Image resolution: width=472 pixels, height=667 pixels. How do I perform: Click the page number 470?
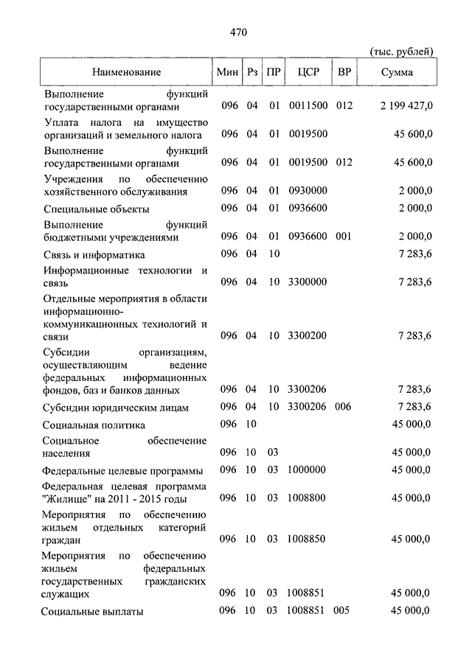coord(237,32)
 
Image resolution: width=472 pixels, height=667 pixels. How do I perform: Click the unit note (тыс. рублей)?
coord(400,51)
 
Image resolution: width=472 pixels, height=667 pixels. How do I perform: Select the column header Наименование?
coord(126,72)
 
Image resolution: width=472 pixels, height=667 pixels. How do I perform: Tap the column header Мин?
coord(227,72)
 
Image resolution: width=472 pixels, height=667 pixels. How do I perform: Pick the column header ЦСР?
coord(308,72)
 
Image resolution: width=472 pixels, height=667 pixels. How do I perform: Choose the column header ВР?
coord(344,72)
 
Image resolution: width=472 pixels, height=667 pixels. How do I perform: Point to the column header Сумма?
coord(397,72)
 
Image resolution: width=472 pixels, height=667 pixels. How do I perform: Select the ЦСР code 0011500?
coord(308,106)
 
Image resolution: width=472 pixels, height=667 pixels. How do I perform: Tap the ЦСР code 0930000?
coord(308,191)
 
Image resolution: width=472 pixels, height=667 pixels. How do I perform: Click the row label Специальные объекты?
coord(96,209)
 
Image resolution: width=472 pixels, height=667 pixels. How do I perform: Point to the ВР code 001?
coord(344,237)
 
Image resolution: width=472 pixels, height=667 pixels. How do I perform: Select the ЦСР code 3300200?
coord(308,336)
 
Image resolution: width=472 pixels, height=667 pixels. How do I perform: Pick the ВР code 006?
coord(344,406)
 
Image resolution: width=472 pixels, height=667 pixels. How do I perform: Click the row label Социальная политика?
coord(94,425)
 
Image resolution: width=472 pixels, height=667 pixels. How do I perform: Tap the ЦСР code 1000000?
coord(308,469)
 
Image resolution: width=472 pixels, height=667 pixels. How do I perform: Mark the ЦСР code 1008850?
coord(308,539)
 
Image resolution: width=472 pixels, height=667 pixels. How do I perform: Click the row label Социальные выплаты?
coord(92,612)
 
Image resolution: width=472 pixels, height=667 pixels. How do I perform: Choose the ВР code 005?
coord(344,610)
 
